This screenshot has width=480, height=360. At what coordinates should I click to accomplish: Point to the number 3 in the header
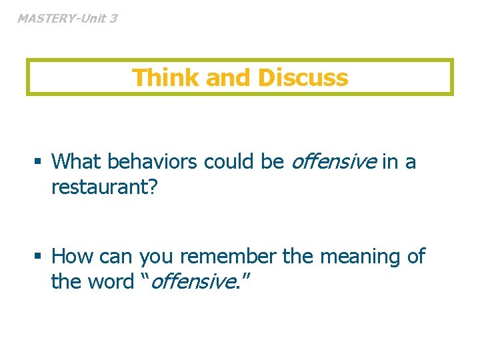113,19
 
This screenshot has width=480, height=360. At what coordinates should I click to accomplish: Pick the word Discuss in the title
303,78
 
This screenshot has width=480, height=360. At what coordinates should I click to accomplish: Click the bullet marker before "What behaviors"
40,162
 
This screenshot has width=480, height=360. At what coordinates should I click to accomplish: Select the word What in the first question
77,161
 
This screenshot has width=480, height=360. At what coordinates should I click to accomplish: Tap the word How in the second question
73,257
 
